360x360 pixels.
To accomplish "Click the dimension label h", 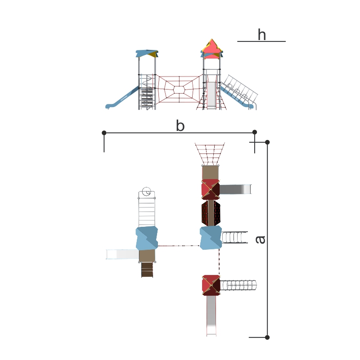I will click(261, 35).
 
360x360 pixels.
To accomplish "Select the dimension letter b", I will click(180, 126).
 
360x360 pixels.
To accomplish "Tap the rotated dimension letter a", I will click(260, 239).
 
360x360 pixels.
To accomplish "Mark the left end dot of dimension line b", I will click(104, 133).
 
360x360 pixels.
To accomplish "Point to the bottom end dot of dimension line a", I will click(267, 337).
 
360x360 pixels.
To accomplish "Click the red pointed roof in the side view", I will click(212, 48).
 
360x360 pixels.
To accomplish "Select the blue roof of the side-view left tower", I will click(146, 53).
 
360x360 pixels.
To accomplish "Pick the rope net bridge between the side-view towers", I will click(179, 90).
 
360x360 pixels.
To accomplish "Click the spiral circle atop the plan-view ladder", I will click(146, 192).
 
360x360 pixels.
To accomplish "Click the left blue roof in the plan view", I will click(147, 238).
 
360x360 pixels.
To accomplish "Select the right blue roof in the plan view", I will click(211, 237).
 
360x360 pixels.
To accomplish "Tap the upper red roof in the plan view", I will click(210, 189).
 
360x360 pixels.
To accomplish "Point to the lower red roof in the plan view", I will click(211, 285).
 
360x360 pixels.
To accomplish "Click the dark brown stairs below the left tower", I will click(147, 270).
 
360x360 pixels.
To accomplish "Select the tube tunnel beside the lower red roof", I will click(239, 285).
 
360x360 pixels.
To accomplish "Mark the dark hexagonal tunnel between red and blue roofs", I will click(210, 213).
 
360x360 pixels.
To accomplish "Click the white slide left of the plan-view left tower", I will click(121, 254).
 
